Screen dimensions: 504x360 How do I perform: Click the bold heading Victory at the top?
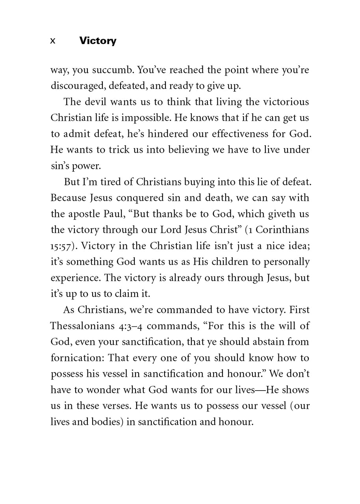97,41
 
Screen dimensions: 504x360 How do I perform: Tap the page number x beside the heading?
53,41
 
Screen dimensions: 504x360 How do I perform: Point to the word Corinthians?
286,230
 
